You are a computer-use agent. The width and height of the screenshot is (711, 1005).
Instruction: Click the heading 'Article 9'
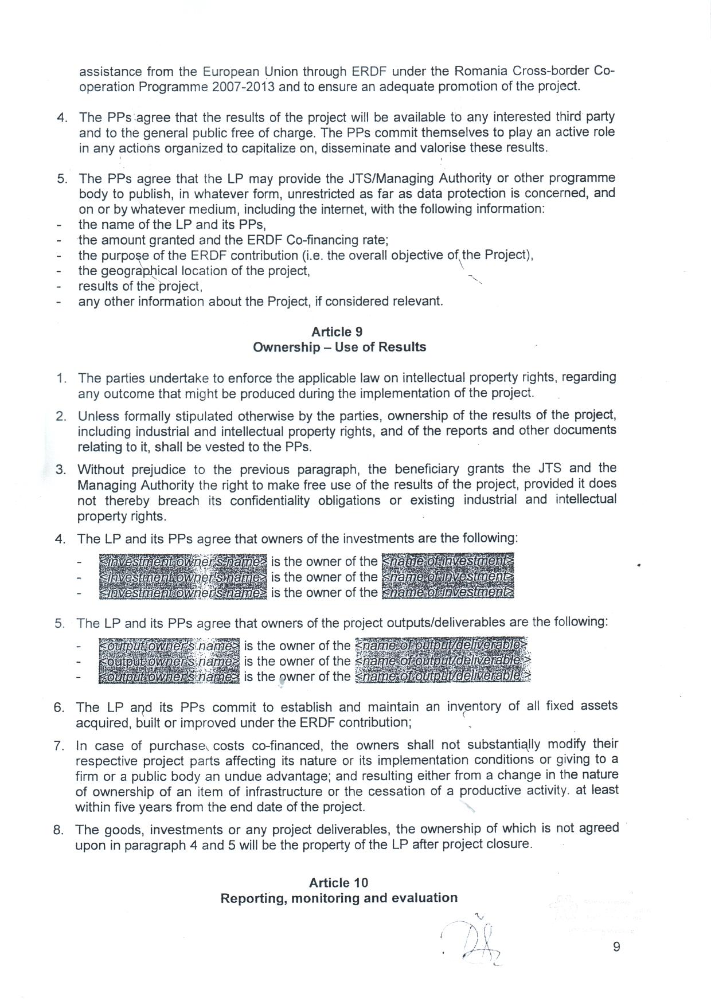(x=337, y=332)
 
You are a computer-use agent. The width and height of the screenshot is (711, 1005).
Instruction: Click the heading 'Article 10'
(x=338, y=882)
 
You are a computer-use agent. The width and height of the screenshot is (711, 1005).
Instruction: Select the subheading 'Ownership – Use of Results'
(x=339, y=347)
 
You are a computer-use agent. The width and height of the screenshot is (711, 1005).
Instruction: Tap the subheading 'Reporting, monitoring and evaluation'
(x=339, y=898)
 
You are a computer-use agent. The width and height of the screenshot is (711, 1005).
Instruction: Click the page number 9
(x=616, y=947)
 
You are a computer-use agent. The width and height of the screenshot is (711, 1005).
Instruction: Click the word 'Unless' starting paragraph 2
(x=97, y=416)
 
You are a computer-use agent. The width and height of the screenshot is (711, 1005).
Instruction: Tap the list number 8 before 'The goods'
(x=58, y=830)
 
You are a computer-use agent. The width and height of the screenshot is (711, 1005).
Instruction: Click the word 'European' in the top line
(x=230, y=72)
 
